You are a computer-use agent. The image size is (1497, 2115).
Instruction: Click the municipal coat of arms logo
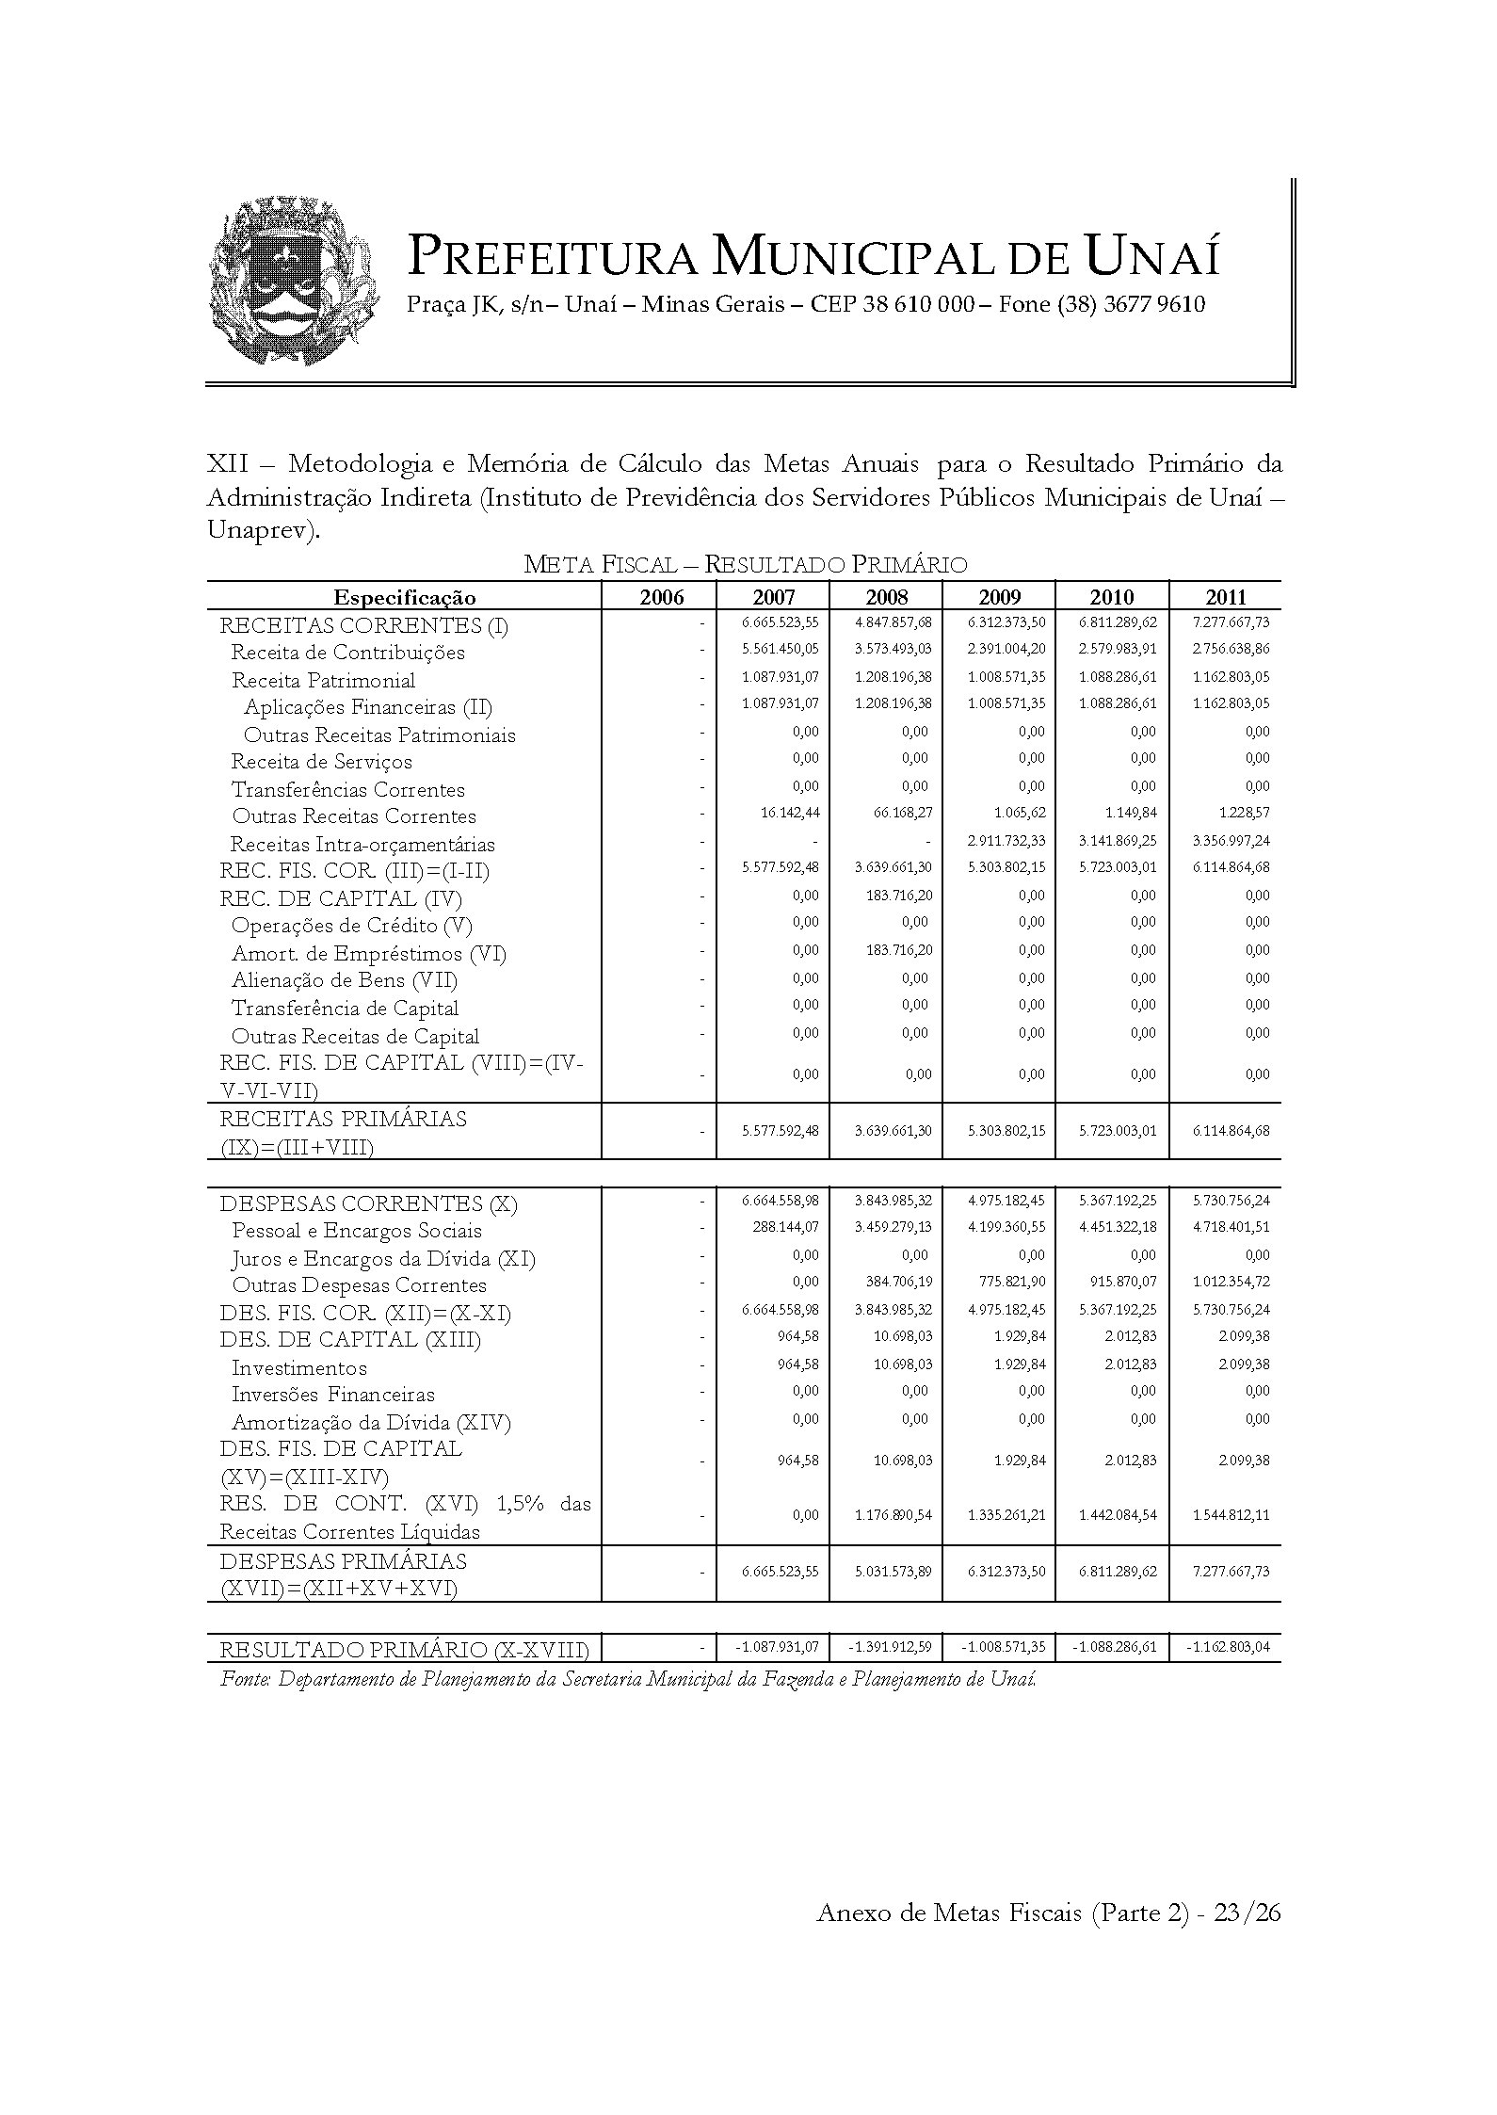[x=293, y=282]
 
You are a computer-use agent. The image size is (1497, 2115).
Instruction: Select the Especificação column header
[x=405, y=597]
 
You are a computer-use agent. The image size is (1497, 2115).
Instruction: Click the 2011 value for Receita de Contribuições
[x=1231, y=650]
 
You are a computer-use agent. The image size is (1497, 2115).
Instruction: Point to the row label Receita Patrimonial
[x=323, y=680]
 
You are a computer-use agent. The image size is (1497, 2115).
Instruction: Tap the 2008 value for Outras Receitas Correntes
[x=892, y=813]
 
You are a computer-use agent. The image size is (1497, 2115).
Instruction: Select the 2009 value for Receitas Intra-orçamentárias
[x=1006, y=841]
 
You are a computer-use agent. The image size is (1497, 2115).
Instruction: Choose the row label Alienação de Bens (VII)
[x=344, y=980]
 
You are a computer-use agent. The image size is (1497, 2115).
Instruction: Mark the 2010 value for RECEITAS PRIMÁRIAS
[x=1118, y=1131]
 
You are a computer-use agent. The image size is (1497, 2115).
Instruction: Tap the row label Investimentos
[x=298, y=1368]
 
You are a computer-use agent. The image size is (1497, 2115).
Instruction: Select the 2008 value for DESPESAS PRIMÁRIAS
[x=892, y=1572]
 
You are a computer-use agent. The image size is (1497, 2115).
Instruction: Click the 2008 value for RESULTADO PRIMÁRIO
[x=890, y=1648]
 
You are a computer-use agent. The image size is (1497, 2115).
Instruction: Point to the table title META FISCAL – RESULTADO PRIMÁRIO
[x=745, y=565]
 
